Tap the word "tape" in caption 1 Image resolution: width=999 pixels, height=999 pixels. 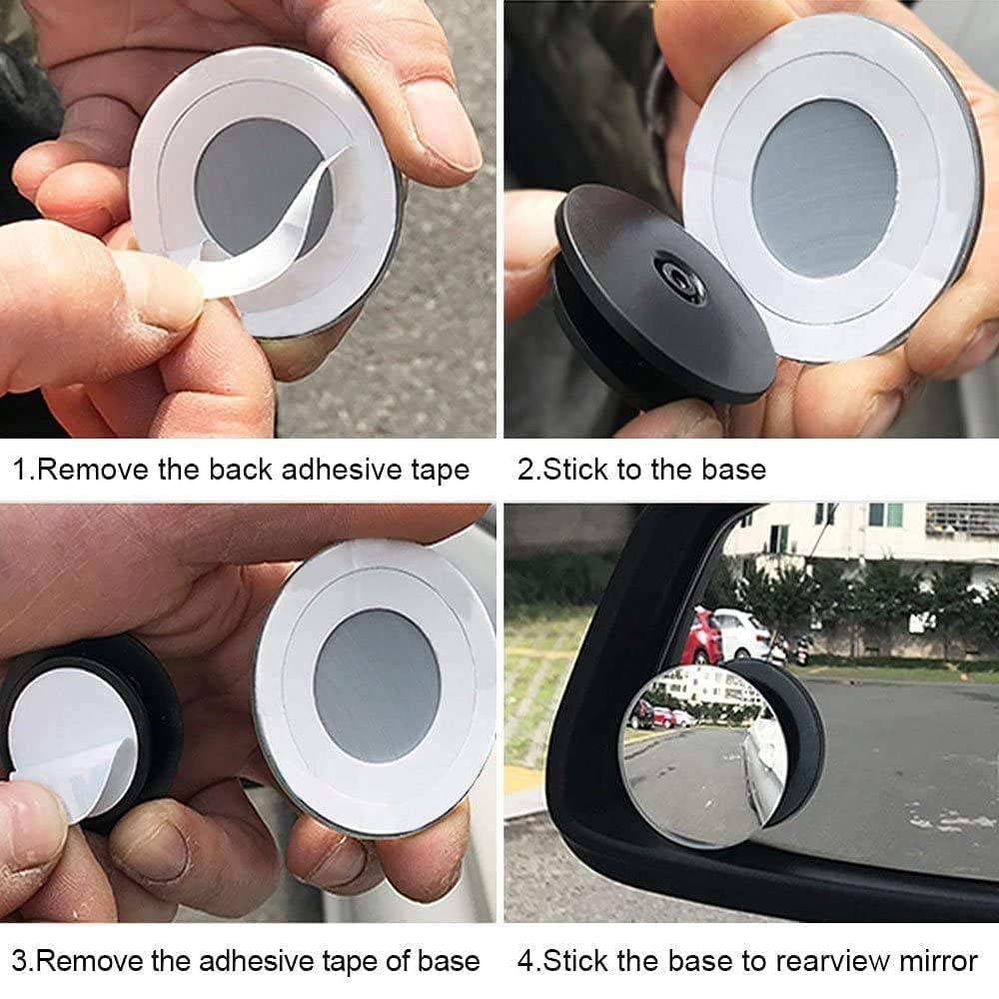441,471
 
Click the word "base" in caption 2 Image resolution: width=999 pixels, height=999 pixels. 733,470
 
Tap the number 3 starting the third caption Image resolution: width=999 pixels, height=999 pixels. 19,961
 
